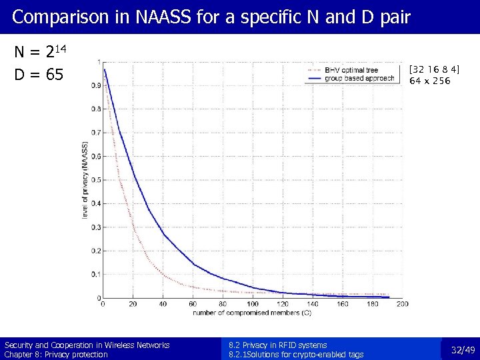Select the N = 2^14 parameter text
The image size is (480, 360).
[40, 53]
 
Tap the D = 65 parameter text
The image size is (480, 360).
[39, 75]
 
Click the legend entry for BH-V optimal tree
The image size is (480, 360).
[351, 70]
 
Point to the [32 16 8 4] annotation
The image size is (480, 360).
[434, 69]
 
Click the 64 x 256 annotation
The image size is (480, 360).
[430, 81]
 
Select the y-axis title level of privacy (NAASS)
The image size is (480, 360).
[85, 181]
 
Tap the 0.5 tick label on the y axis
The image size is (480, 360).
[97, 180]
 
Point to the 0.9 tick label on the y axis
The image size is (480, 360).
[97, 86]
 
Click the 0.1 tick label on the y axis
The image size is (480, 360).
[97, 274]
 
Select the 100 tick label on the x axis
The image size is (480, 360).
[252, 304]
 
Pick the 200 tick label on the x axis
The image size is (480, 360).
[402, 304]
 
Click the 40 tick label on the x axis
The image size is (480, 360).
[163, 304]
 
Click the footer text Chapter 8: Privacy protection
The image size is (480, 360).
[56, 355]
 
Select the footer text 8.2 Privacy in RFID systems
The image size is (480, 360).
[277, 345]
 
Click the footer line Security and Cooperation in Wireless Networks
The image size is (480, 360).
[87, 345]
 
